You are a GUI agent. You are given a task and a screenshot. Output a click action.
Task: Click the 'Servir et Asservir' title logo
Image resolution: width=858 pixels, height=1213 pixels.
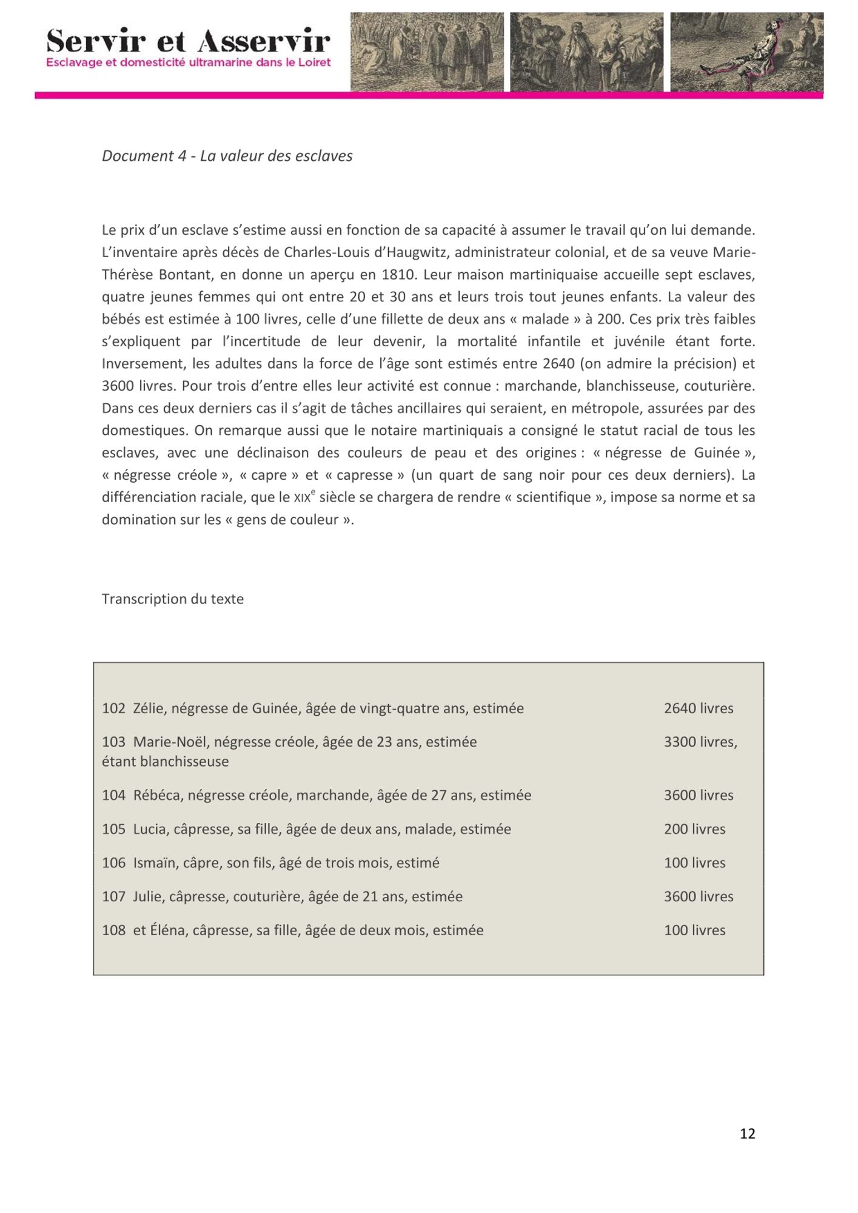coord(189,41)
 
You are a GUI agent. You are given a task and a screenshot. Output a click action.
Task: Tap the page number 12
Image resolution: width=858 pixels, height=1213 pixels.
coord(747,1134)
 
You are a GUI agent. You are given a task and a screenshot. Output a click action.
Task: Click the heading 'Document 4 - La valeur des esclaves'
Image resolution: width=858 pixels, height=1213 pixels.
coord(227,156)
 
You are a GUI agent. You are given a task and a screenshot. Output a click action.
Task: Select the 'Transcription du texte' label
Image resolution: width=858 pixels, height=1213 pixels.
coord(173,599)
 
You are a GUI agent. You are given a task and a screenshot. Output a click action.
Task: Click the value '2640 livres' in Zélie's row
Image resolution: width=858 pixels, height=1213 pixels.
coord(699,708)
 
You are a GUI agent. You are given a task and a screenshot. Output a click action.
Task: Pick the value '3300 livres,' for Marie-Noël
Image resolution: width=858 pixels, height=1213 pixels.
coord(700,742)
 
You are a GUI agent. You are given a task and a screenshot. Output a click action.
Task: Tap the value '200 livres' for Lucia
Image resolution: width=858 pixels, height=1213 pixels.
coord(694,829)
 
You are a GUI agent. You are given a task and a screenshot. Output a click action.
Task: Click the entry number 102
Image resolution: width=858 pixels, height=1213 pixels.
coord(113,708)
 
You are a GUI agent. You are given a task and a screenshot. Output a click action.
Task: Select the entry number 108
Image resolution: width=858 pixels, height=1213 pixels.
coord(113,930)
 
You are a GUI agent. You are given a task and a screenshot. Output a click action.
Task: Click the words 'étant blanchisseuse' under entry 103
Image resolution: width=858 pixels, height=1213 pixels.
coord(166,762)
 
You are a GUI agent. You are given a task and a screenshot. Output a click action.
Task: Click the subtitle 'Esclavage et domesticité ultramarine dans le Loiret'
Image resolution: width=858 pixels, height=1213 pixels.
coord(189,62)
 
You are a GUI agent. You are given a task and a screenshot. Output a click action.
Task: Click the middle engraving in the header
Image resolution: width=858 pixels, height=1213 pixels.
coord(586,52)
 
